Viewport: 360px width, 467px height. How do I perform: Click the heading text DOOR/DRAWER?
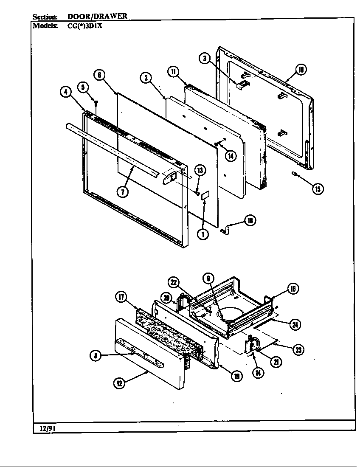point(97,17)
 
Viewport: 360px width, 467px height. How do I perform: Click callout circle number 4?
point(66,92)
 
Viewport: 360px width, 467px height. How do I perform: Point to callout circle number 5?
point(83,87)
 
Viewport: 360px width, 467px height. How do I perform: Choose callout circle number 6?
point(99,75)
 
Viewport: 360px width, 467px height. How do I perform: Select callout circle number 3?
point(205,59)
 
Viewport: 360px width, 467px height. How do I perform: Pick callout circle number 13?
point(200,171)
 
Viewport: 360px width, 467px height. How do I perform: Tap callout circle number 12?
point(119,383)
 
